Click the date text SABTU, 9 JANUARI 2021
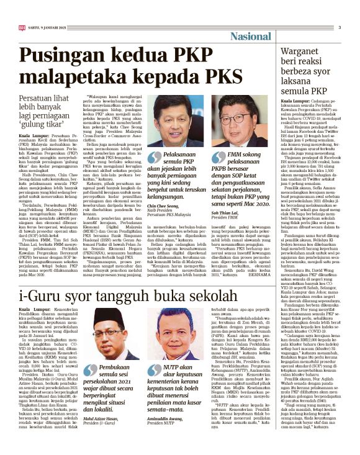coord(46,27)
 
